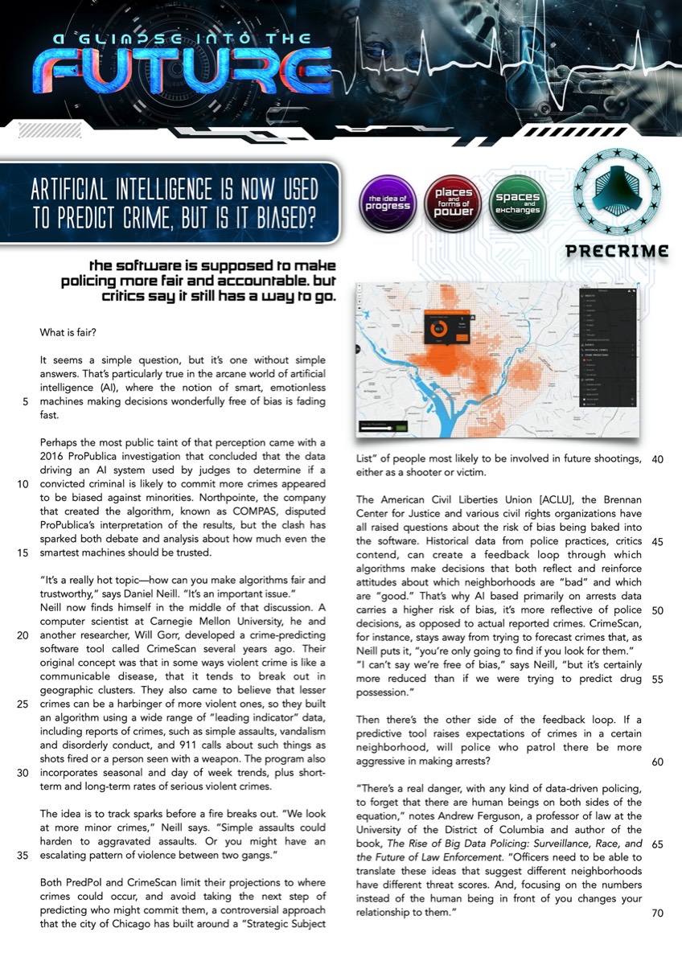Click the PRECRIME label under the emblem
pyautogui.click(x=617, y=251)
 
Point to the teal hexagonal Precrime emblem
pyautogui.click(x=617, y=190)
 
